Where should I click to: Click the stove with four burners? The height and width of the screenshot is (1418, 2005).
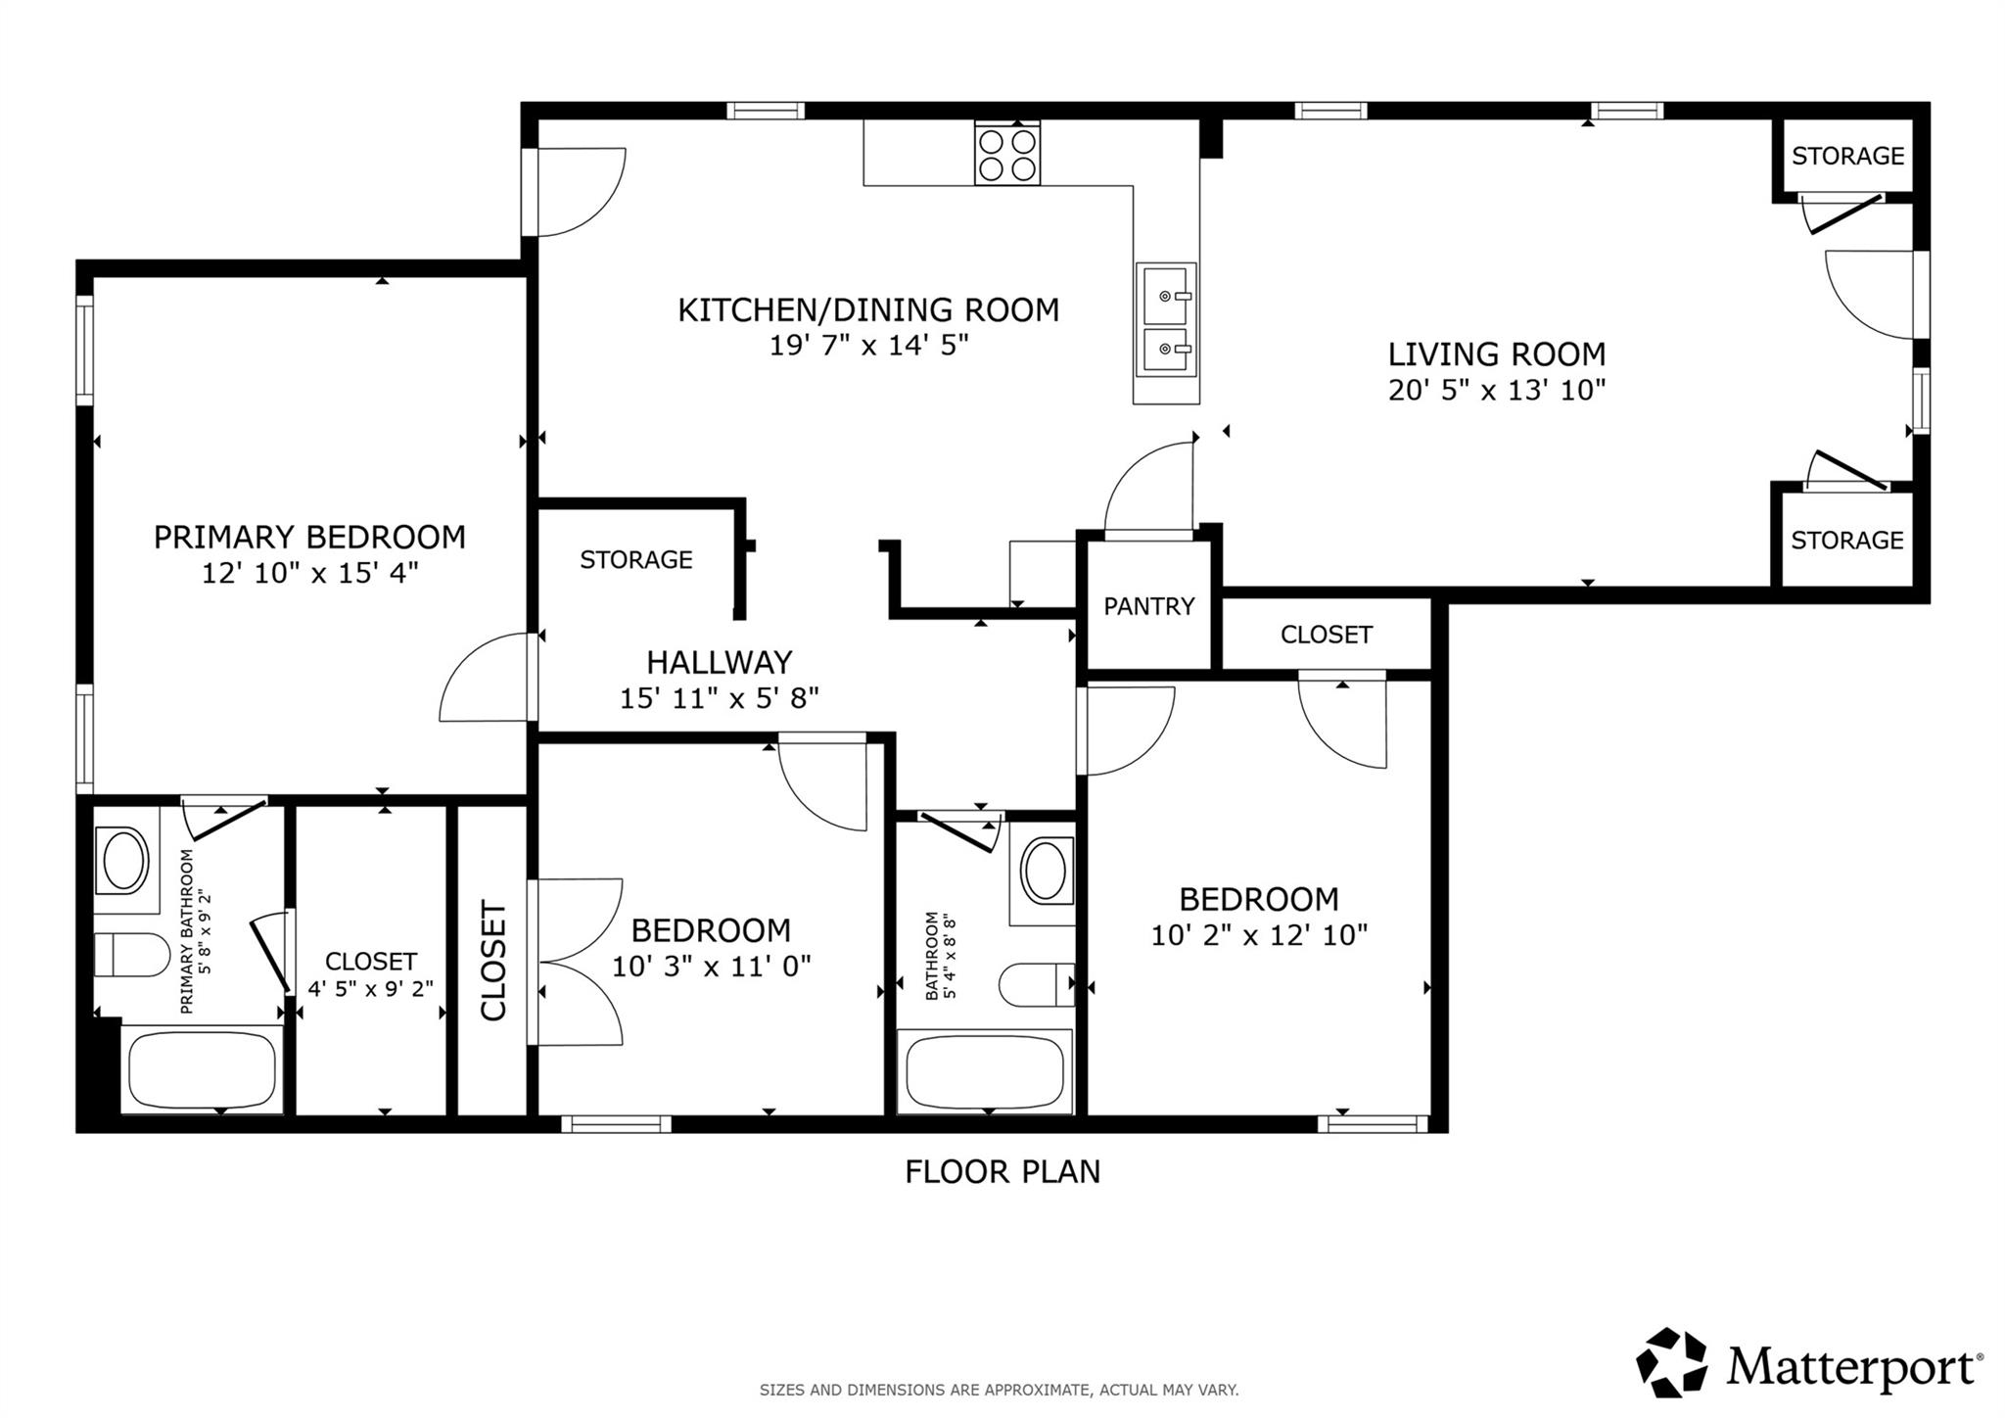click(x=1006, y=154)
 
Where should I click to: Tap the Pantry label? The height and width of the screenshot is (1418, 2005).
click(x=1148, y=606)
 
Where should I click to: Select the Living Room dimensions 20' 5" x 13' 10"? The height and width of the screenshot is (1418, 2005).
click(x=1497, y=391)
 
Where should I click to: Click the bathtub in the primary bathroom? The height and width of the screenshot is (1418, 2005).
click(x=202, y=1069)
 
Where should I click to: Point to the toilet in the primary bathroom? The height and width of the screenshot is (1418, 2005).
click(x=131, y=955)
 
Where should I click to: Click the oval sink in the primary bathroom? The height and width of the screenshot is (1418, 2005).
click(x=124, y=861)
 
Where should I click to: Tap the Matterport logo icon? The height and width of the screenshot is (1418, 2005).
click(x=1671, y=1362)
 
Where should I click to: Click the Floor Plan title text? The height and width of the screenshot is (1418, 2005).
click(x=1002, y=1171)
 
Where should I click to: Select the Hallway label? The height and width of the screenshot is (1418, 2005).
click(x=719, y=663)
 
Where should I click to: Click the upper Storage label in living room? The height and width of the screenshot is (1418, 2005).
click(x=1847, y=156)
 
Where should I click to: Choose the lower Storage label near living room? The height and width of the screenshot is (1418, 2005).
click(x=1846, y=541)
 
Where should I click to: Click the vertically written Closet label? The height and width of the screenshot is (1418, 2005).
click(x=492, y=961)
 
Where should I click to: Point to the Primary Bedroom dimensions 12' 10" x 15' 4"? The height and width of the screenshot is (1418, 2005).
click(x=309, y=573)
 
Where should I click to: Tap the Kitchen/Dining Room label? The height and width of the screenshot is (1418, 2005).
click(x=868, y=310)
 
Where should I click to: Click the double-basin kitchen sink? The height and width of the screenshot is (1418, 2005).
click(x=1165, y=319)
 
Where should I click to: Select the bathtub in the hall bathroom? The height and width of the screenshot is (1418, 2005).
click(x=984, y=1071)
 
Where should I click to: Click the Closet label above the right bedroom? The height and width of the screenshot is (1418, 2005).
click(x=1326, y=635)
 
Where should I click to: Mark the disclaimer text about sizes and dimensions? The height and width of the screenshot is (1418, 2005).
click(x=999, y=1390)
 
